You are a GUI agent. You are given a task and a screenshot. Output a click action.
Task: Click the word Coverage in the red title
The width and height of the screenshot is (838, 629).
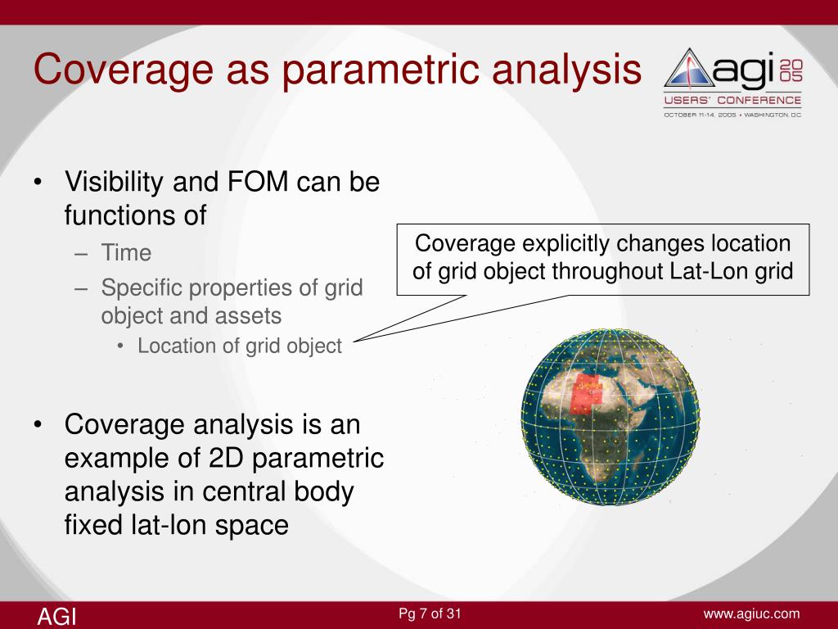click(124, 70)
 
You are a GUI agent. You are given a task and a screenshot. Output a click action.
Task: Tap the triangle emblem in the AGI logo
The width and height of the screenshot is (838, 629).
click(689, 69)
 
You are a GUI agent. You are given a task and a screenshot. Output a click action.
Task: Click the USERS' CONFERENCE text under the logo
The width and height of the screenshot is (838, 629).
click(732, 101)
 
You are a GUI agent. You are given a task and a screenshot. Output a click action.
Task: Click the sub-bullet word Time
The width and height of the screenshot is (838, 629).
click(126, 252)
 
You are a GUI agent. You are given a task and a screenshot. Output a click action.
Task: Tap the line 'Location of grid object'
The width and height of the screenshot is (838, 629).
click(240, 346)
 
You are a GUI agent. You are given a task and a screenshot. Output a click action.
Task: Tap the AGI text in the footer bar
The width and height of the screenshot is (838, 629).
click(56, 617)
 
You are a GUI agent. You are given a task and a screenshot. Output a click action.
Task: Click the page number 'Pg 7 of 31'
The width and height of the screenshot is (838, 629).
click(430, 613)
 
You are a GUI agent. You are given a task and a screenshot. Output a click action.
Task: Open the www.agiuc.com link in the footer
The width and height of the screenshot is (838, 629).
click(751, 614)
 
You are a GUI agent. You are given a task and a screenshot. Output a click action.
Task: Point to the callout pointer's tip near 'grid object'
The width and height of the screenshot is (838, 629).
click(354, 341)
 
